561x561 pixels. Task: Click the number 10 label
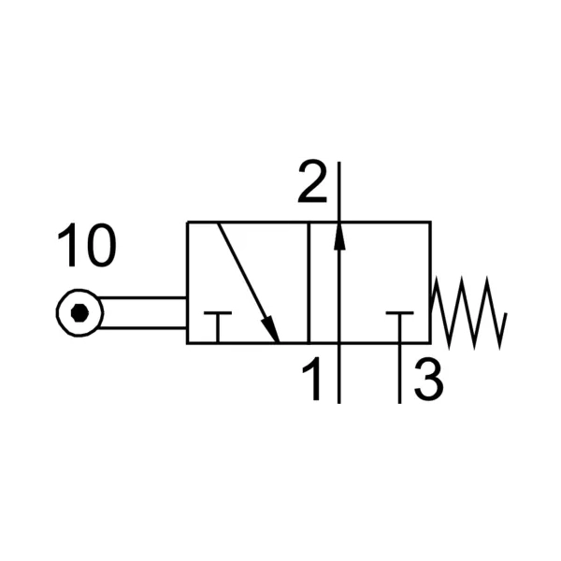click(x=87, y=245)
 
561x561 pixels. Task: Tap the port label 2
click(x=312, y=181)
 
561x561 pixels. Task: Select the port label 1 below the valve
click(x=312, y=379)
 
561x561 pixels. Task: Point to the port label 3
click(x=428, y=380)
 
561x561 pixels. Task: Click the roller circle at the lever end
click(x=79, y=312)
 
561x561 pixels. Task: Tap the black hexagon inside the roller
click(x=79, y=312)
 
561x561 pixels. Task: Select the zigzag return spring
click(x=468, y=312)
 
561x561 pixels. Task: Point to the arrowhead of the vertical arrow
click(x=339, y=237)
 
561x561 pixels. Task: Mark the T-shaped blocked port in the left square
click(x=218, y=326)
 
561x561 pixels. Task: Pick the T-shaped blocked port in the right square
click(x=399, y=326)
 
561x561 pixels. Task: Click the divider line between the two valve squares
click(x=309, y=282)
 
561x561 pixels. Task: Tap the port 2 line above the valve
click(x=339, y=192)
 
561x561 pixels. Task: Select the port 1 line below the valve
click(x=339, y=373)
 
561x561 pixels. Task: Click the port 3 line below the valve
click(x=399, y=373)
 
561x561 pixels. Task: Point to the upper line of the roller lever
click(x=141, y=297)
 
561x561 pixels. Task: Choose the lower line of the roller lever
click(x=142, y=327)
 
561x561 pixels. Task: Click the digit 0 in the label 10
click(x=102, y=245)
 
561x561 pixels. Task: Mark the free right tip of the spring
click(x=506, y=313)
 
